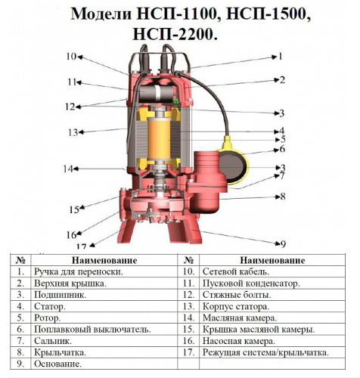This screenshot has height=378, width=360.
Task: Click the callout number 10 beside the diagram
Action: [71, 57]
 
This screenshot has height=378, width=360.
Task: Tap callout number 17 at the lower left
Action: [82, 246]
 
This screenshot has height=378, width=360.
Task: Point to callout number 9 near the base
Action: [283, 243]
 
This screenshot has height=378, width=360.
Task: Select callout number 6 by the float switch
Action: [282, 149]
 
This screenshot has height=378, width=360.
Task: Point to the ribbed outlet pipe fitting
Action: [206, 164]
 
